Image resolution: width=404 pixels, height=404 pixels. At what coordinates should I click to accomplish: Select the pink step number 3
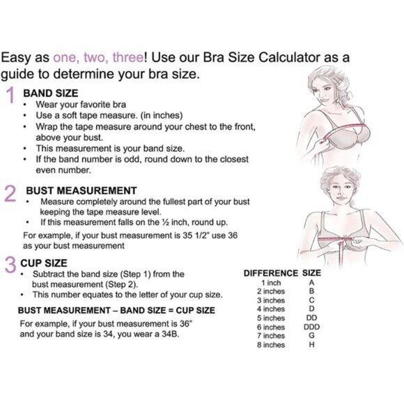[x=10, y=265]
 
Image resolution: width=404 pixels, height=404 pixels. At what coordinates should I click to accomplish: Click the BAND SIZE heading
[x=50, y=92]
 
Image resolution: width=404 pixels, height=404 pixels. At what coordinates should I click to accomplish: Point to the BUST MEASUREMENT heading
[x=81, y=190]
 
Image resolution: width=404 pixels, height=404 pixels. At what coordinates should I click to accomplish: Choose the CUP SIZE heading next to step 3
[x=45, y=263]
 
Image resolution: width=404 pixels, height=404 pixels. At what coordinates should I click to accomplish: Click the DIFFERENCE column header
[x=271, y=273]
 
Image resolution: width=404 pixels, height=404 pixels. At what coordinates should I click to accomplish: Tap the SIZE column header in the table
[x=311, y=273]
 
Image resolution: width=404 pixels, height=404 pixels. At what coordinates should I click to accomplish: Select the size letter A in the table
[x=311, y=283]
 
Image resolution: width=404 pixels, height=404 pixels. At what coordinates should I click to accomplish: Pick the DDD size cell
[x=311, y=327]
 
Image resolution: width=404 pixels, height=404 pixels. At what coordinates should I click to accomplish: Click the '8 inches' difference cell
[x=271, y=345]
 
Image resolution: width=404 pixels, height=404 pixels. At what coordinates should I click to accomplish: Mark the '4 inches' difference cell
[x=271, y=309]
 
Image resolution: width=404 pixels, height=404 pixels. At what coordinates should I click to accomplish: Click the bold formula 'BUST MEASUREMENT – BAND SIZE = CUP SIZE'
[x=116, y=310]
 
